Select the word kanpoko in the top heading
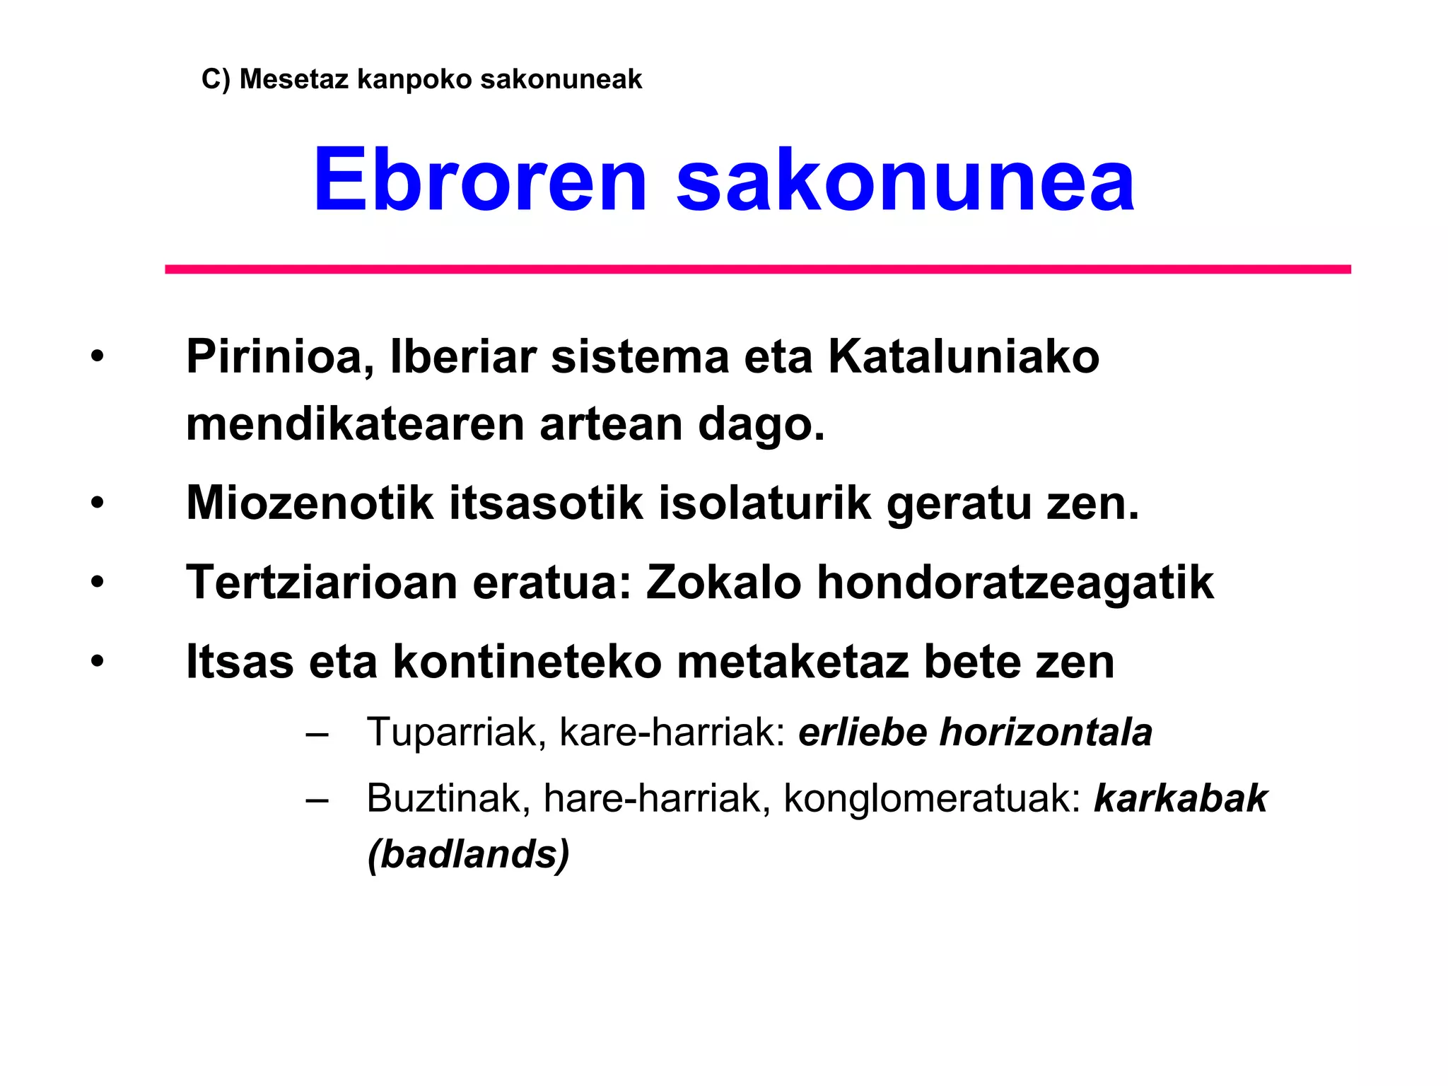[414, 79]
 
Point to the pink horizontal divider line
[758, 269]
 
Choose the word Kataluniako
[964, 356]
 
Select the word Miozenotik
[310, 503]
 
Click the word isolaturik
[765, 503]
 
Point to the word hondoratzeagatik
[1015, 583]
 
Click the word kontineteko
[527, 662]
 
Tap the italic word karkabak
[1181, 799]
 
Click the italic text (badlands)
[468, 854]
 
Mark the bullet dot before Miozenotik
[97, 504]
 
